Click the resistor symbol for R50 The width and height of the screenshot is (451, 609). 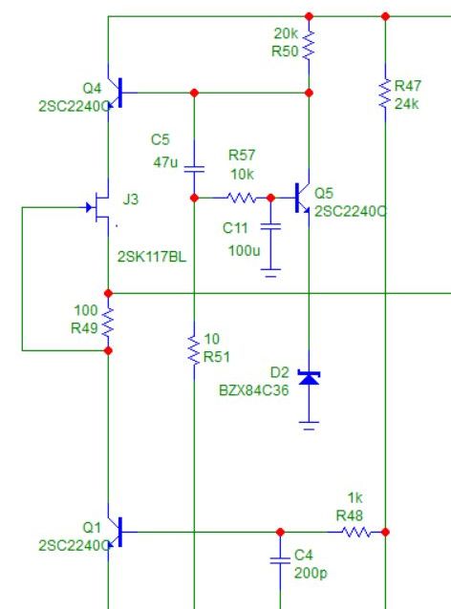[x=309, y=45]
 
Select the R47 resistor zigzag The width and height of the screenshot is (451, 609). [x=385, y=94]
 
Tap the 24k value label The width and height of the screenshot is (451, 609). [x=407, y=104]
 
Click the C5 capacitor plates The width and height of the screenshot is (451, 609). [x=194, y=169]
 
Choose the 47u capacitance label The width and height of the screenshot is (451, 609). [x=165, y=162]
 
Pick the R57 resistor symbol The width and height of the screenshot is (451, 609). [x=242, y=199]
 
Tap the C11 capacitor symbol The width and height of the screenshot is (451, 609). [x=270, y=226]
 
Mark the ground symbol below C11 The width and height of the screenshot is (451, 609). [x=270, y=273]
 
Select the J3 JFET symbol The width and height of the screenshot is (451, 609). [x=98, y=206]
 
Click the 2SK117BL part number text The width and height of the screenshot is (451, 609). [x=152, y=257]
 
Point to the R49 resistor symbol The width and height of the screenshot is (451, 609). [x=108, y=322]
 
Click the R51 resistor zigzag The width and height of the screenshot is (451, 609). [x=194, y=350]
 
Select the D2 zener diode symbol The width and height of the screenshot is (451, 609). [x=309, y=378]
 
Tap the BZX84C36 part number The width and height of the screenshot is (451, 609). [x=254, y=390]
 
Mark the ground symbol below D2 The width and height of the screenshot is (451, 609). [x=309, y=426]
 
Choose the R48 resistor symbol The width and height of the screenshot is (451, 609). [x=356, y=532]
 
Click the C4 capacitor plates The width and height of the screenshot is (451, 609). [x=280, y=560]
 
